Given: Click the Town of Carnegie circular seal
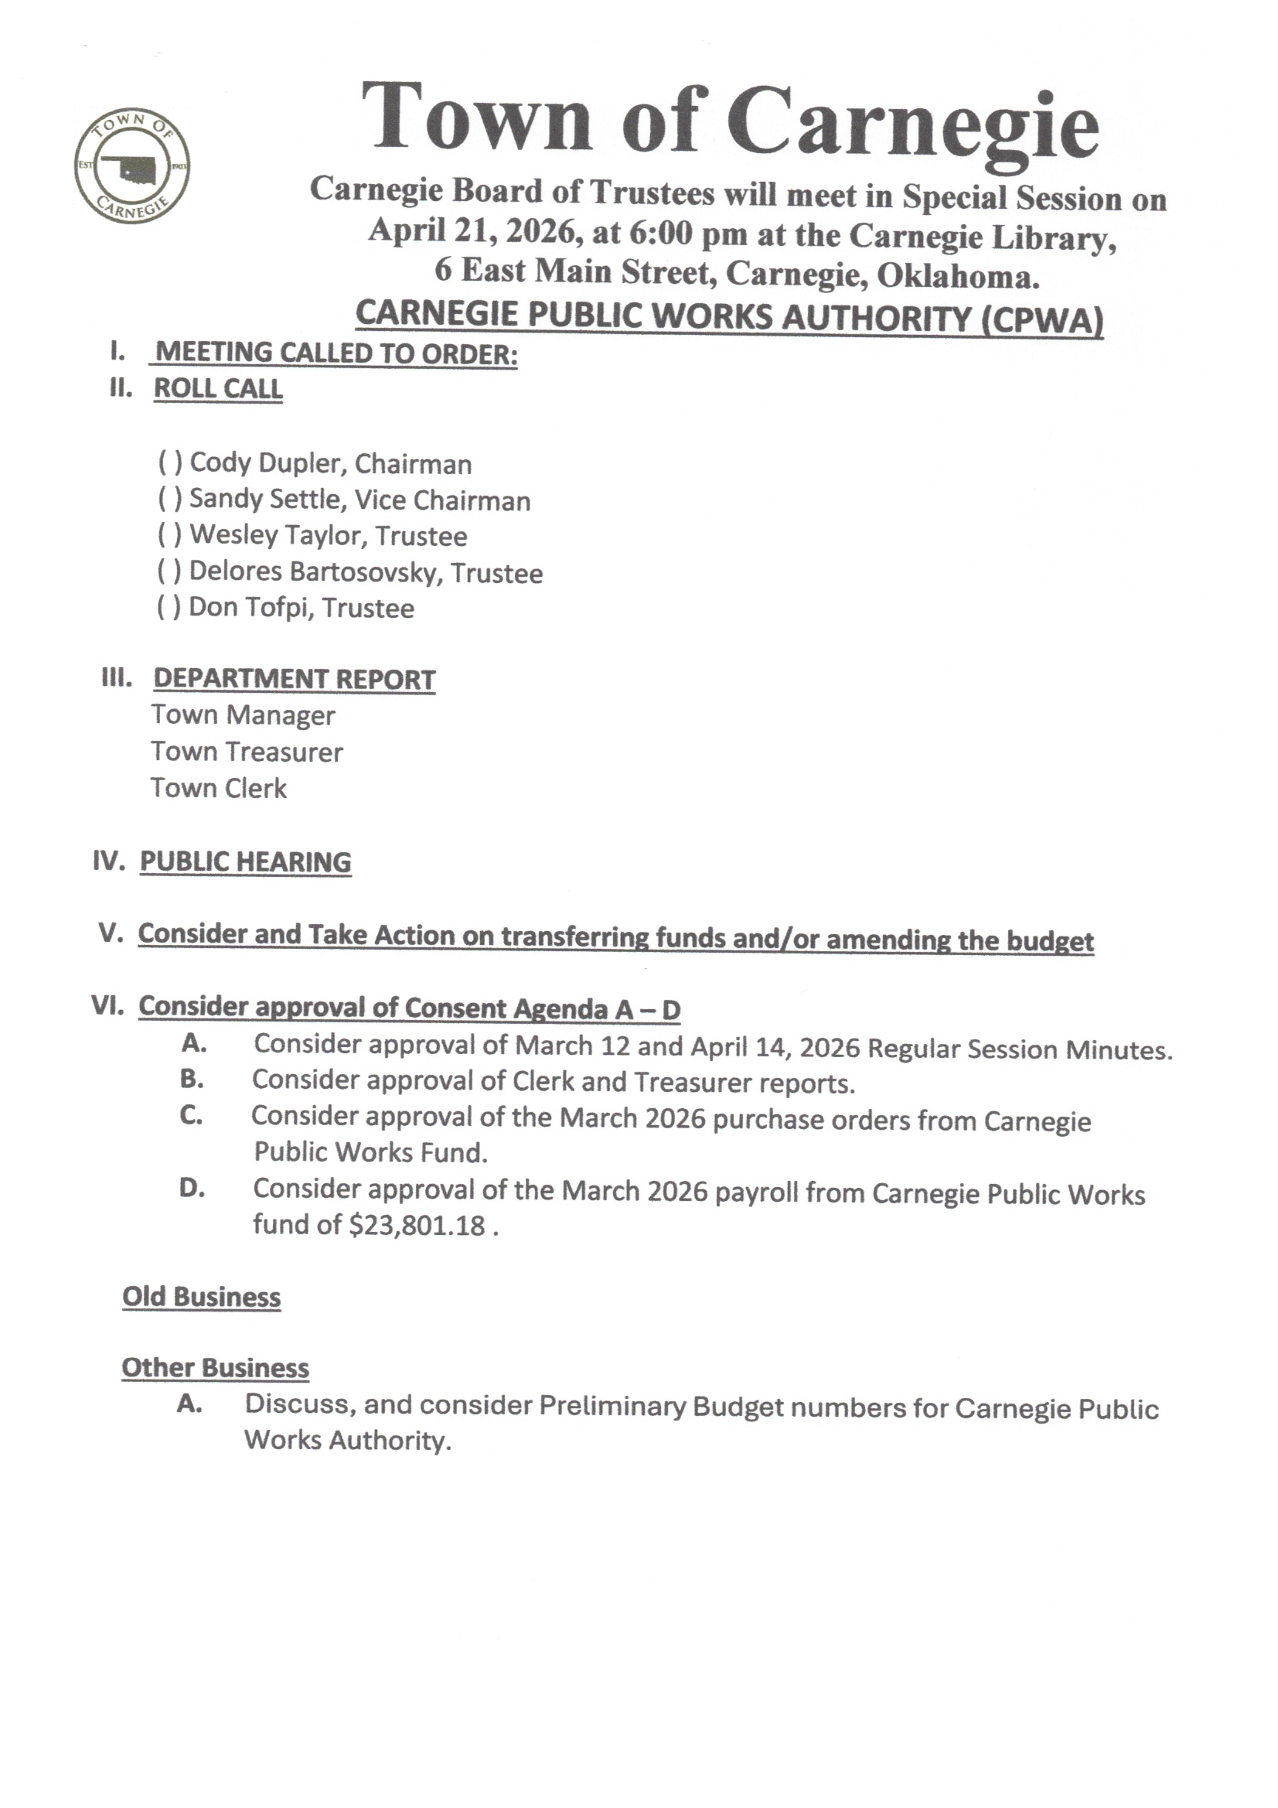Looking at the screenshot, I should [x=132, y=165].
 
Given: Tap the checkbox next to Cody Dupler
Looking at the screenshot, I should [x=170, y=463].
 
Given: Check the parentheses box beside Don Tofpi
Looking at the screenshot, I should [x=169, y=607].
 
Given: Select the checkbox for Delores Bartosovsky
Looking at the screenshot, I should [x=169, y=571].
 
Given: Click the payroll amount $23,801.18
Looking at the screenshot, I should [x=417, y=1226].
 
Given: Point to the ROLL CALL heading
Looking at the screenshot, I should [x=218, y=388].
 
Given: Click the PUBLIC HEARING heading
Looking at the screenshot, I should [x=245, y=861].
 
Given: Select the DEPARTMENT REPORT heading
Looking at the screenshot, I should [x=294, y=679].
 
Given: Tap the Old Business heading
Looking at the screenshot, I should [x=202, y=1296].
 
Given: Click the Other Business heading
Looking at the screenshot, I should [x=215, y=1368].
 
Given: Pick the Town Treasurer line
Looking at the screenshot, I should [x=247, y=752].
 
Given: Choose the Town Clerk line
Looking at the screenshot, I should [x=219, y=788].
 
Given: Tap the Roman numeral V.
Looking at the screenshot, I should [x=112, y=934].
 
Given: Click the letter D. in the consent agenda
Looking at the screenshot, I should [x=193, y=1189].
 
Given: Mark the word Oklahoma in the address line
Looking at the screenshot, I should [x=957, y=275].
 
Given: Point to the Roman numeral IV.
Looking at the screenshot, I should [x=109, y=861].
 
